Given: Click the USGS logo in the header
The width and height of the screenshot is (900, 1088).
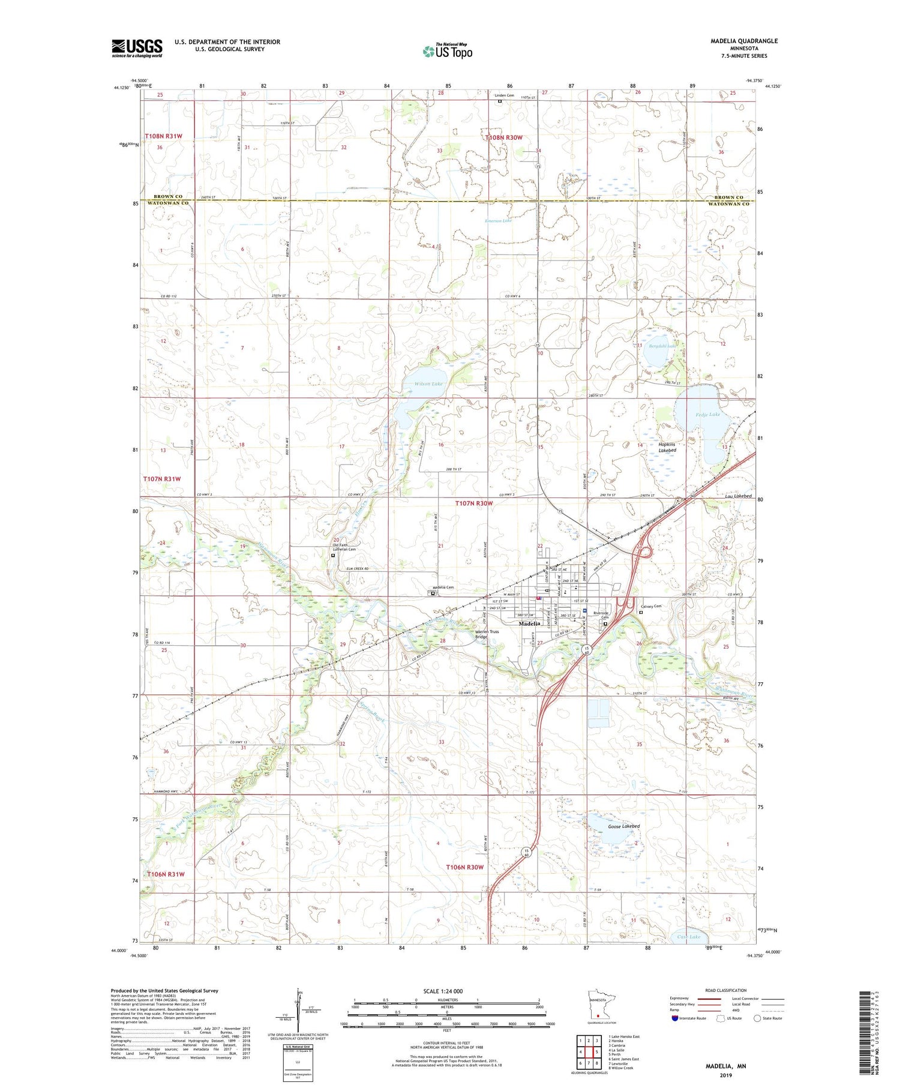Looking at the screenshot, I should click(x=137, y=48).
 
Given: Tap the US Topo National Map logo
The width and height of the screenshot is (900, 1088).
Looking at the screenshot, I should click(x=447, y=51).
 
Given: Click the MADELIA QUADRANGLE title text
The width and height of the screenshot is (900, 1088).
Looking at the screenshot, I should click(x=744, y=41).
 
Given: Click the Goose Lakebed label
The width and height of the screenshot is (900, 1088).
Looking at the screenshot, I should click(x=624, y=826).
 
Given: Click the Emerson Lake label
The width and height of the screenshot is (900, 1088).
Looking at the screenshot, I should click(x=499, y=221).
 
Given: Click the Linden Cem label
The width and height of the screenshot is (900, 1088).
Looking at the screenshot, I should click(x=504, y=95).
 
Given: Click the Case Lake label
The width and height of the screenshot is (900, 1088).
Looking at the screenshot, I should click(x=688, y=936).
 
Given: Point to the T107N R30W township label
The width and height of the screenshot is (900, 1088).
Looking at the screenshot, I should click(x=473, y=503).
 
